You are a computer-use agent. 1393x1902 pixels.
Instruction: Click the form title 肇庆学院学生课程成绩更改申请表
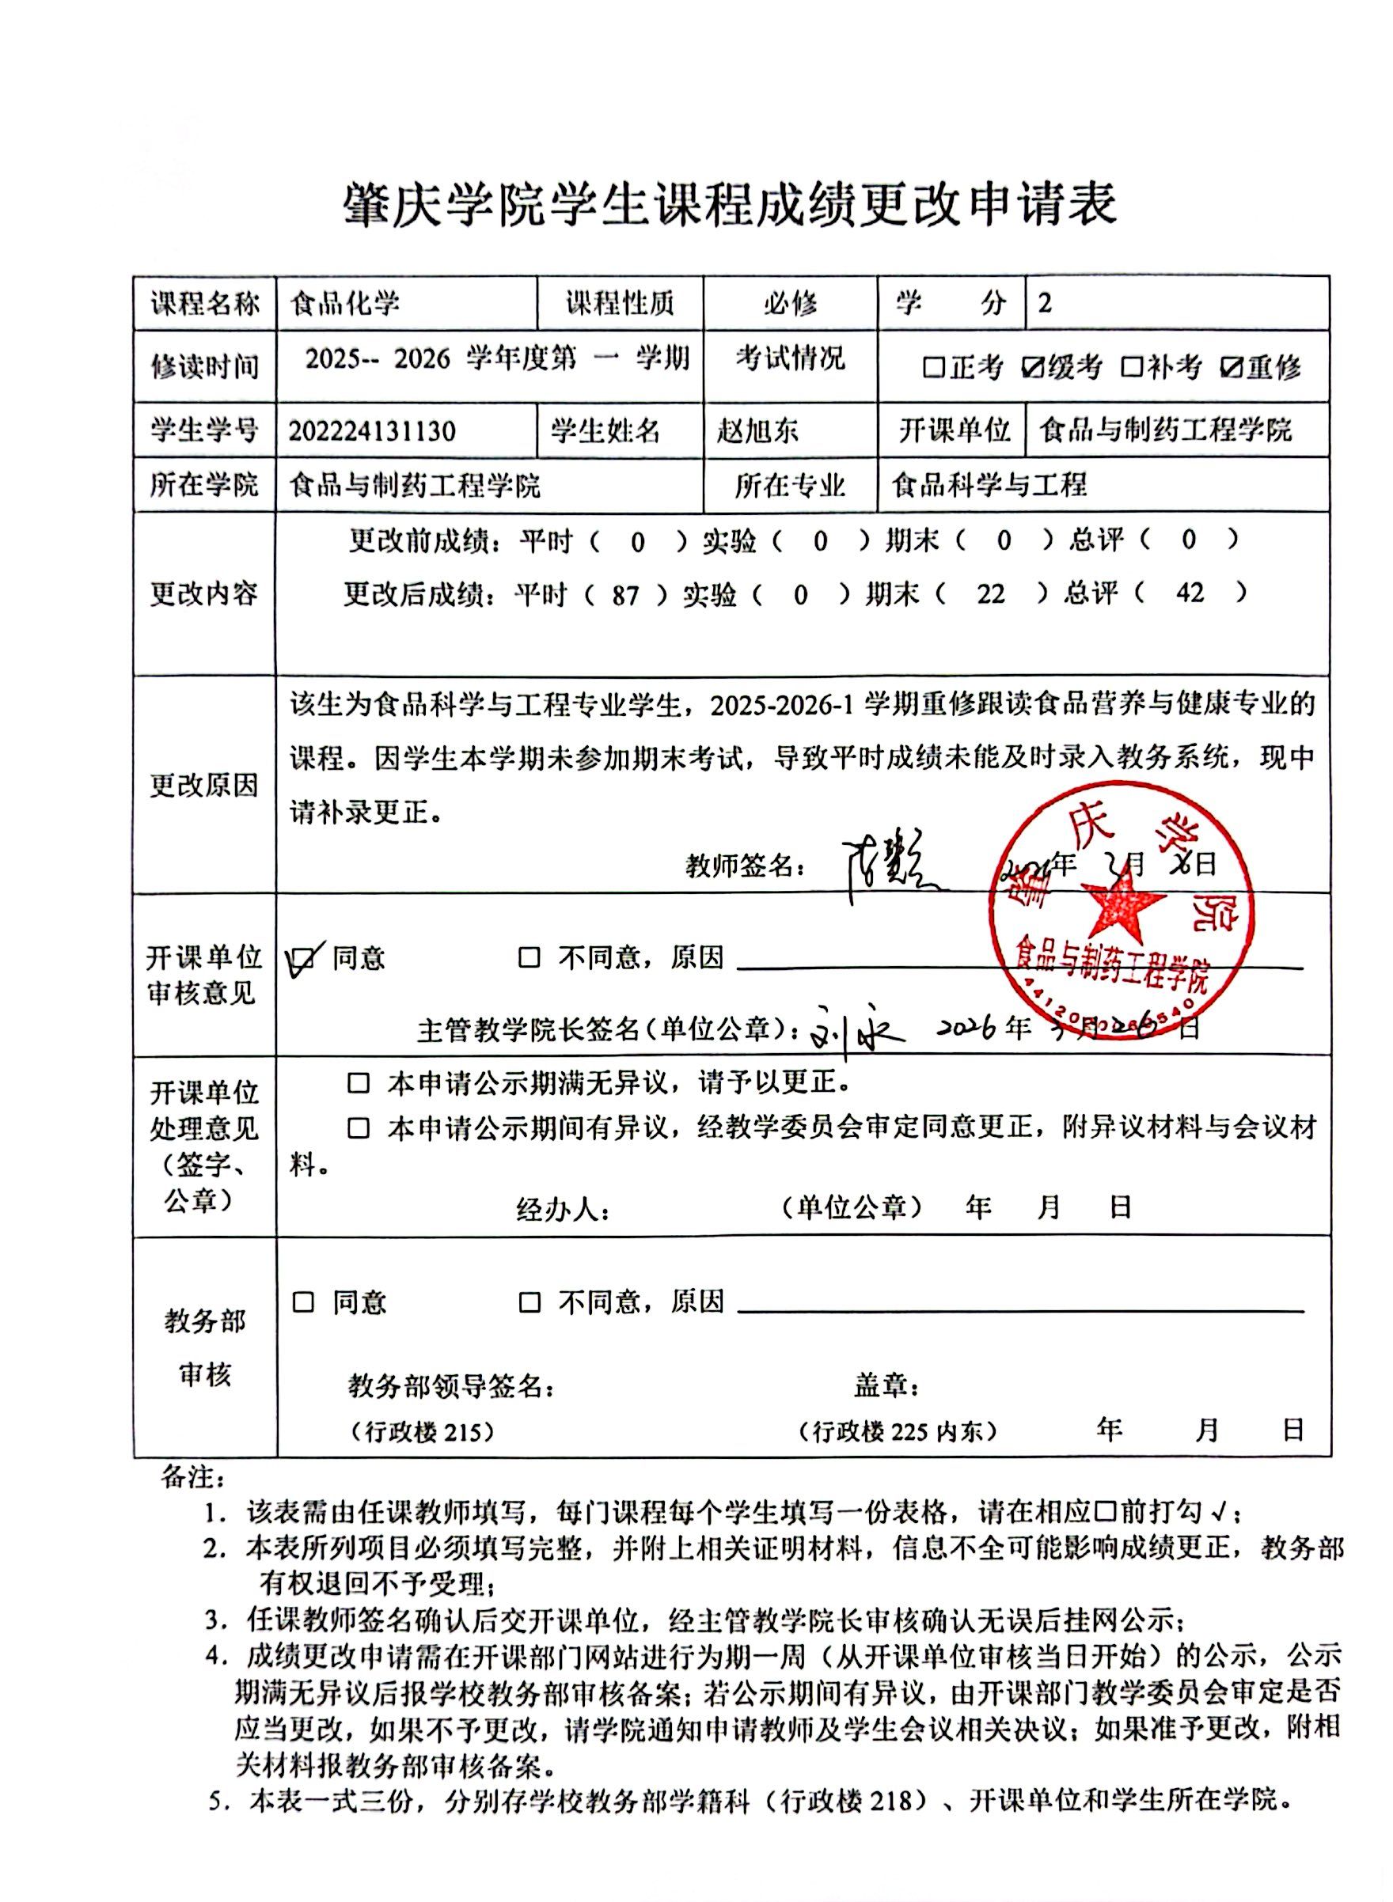[730, 205]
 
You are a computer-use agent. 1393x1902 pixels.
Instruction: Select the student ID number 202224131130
[372, 431]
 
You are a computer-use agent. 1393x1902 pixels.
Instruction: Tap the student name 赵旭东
[757, 431]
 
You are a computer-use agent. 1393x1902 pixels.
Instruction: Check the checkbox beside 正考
[933, 368]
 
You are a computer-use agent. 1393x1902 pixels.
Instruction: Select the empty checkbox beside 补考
[1131, 368]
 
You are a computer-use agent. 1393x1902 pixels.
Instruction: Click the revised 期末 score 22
[991, 595]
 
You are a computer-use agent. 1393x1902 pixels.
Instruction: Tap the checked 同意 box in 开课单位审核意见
[304, 958]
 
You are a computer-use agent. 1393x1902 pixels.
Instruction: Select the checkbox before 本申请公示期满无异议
[359, 1084]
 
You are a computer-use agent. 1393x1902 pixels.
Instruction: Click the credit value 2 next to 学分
[1046, 303]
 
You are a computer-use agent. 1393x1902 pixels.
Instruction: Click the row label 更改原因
[204, 786]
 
